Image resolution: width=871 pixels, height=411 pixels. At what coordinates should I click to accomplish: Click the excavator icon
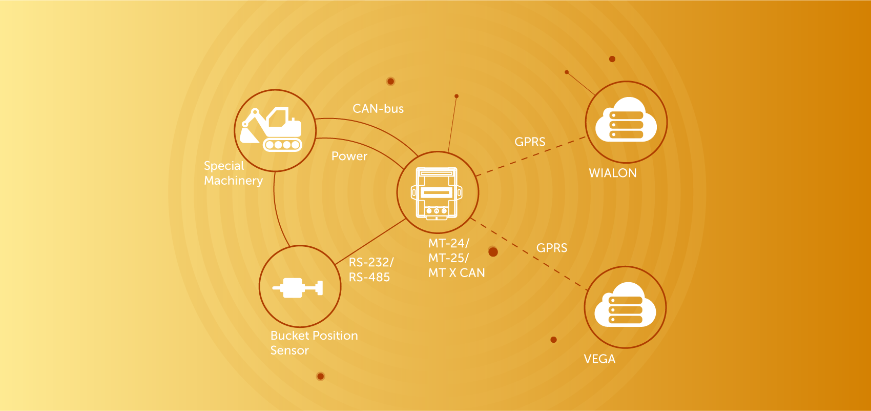[x=271, y=129]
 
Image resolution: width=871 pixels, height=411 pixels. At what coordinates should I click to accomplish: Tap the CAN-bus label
[x=378, y=109]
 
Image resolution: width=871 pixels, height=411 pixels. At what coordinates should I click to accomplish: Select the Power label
[x=349, y=156]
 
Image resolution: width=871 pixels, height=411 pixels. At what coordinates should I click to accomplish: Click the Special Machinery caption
[x=233, y=173]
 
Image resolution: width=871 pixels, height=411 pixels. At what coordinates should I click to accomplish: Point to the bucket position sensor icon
[x=298, y=288]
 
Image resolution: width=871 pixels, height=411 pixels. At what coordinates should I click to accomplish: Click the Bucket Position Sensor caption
[x=314, y=343]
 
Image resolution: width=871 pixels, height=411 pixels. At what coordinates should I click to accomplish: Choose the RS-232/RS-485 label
[x=371, y=269]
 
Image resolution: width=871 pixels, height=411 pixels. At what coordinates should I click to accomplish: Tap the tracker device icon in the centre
[x=437, y=193]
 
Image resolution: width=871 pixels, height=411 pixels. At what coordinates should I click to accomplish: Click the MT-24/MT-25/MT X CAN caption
[x=457, y=258]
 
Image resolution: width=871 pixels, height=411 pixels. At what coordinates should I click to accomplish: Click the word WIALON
[x=612, y=173]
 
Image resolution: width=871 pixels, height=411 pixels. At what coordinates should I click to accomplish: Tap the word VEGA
[x=599, y=359]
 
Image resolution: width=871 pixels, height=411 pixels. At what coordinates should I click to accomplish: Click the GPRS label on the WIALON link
[x=530, y=142]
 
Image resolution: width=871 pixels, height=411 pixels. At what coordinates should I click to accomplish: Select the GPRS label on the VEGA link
[x=551, y=248]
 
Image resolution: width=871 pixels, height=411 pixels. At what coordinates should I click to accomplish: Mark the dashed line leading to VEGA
[x=529, y=254]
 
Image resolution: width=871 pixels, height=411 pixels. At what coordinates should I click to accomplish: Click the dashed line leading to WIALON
[x=531, y=156]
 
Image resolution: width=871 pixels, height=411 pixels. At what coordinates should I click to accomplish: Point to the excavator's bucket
[x=249, y=135]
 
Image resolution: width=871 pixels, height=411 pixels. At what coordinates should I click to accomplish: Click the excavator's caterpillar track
[x=283, y=145]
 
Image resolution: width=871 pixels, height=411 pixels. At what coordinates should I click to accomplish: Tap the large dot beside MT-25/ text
[x=493, y=251]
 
